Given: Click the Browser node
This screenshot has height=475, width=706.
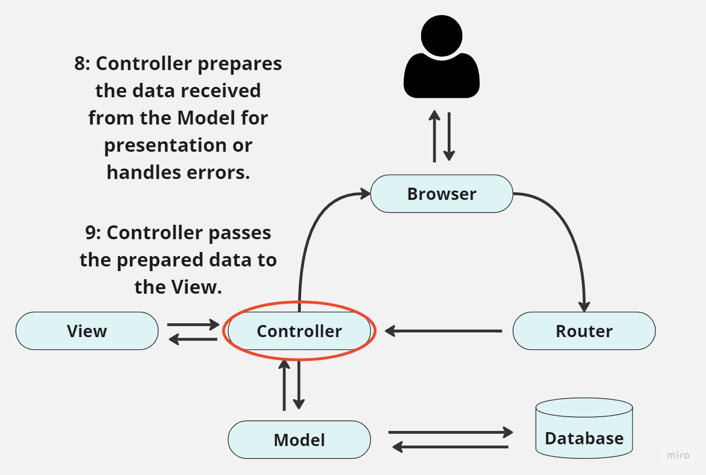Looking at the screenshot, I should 441,193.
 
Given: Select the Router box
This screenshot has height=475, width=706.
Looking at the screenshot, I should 584,331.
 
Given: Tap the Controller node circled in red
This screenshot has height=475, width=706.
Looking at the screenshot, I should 299,331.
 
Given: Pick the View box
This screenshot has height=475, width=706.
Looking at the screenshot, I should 87,331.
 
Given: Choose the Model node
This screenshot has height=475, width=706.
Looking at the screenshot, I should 299,440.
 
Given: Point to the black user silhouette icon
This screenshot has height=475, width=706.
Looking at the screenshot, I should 441,58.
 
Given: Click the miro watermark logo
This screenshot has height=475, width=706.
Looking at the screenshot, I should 678,455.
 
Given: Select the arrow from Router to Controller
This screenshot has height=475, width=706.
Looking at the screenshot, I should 444,331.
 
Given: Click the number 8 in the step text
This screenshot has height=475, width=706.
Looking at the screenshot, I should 80,64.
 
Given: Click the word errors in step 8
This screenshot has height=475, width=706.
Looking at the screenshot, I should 220,172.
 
